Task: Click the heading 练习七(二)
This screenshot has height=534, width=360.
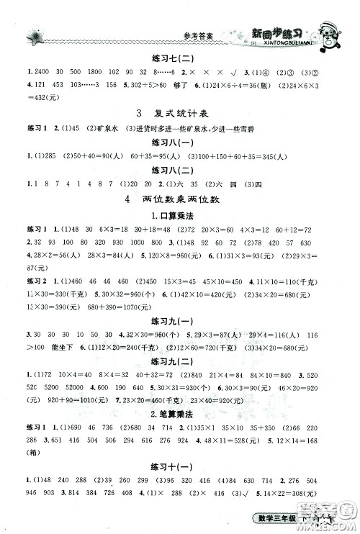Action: (x=181, y=59)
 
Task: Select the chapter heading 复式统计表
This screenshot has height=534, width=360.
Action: (x=181, y=114)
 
